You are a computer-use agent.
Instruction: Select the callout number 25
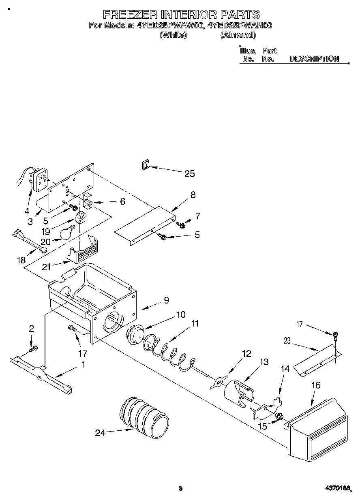pyautogui.click(x=189, y=174)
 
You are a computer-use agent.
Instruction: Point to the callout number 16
pyautogui.click(x=316, y=385)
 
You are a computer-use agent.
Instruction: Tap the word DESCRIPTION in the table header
pyautogui.click(x=314, y=59)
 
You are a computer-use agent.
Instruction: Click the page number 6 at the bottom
pyautogui.click(x=180, y=488)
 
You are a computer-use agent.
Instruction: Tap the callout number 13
pyautogui.click(x=264, y=362)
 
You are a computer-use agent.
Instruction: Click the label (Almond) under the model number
pyautogui.click(x=238, y=35)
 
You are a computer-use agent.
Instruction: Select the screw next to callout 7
pyautogui.click(x=181, y=224)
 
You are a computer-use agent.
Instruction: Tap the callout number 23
pyautogui.click(x=287, y=341)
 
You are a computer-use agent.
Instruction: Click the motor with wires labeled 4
pyautogui.click(x=40, y=179)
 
